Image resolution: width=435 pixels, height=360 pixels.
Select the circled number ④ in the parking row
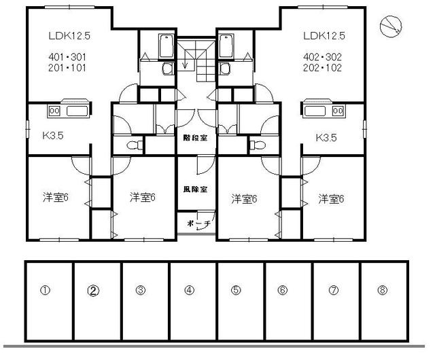pyautogui.click(x=189, y=291)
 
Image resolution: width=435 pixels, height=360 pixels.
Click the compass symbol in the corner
pyautogui.click(x=391, y=26)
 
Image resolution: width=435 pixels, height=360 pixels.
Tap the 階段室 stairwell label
pyautogui.click(x=195, y=138)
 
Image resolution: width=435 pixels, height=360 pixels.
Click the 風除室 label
pyautogui.click(x=195, y=190)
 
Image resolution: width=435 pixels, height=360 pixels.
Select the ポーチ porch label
pyautogui.click(x=198, y=223)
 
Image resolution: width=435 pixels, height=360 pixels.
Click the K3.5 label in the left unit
pyautogui.click(x=53, y=136)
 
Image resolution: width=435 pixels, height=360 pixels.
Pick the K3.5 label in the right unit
pyautogui.click(x=326, y=138)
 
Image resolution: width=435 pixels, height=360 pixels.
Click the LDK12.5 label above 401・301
pyautogui.click(x=69, y=36)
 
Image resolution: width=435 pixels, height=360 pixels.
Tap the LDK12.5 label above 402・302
pyautogui.click(x=324, y=36)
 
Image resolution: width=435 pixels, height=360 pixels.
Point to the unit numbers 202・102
pyautogui.click(x=322, y=68)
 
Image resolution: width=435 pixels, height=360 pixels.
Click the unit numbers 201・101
pyautogui.click(x=67, y=68)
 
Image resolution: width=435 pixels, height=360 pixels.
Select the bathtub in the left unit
pyautogui.click(x=167, y=46)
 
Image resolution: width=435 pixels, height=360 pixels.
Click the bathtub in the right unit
pyautogui.click(x=226, y=46)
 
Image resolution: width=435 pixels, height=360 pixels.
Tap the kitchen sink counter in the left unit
pyautogui.click(x=69, y=111)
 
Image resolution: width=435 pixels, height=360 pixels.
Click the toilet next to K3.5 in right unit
pyautogui.click(x=258, y=145)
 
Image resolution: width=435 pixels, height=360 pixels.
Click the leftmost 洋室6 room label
pyautogui.click(x=56, y=197)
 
